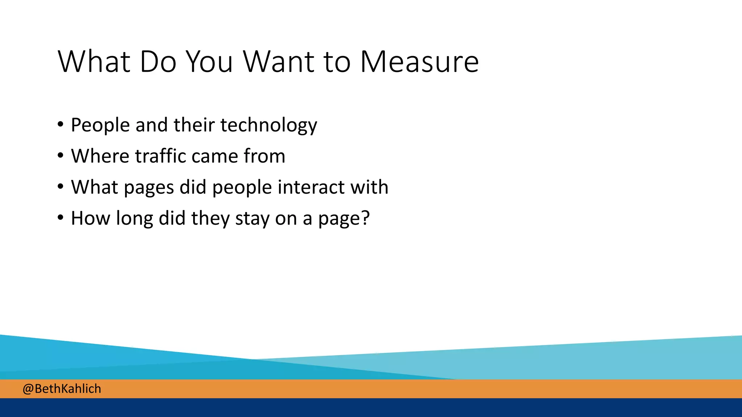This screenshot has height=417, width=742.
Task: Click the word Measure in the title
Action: [419, 62]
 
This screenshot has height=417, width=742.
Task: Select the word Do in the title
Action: [158, 62]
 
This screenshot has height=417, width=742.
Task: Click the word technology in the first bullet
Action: [268, 125]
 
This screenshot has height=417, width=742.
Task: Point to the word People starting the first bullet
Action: [100, 125]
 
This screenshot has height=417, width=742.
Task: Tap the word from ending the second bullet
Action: [264, 156]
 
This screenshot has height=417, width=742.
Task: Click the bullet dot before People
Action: [61, 125]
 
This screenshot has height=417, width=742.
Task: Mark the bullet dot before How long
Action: [61, 218]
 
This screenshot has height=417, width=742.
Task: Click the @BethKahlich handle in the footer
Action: [62, 389]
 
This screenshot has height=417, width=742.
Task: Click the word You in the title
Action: [209, 62]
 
